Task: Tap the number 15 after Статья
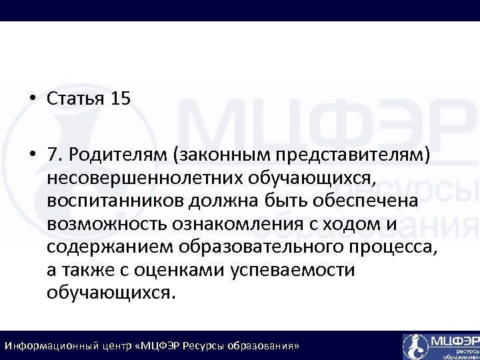click(121, 99)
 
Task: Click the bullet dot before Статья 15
click(32, 100)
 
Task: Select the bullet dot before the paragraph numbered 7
click(32, 155)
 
